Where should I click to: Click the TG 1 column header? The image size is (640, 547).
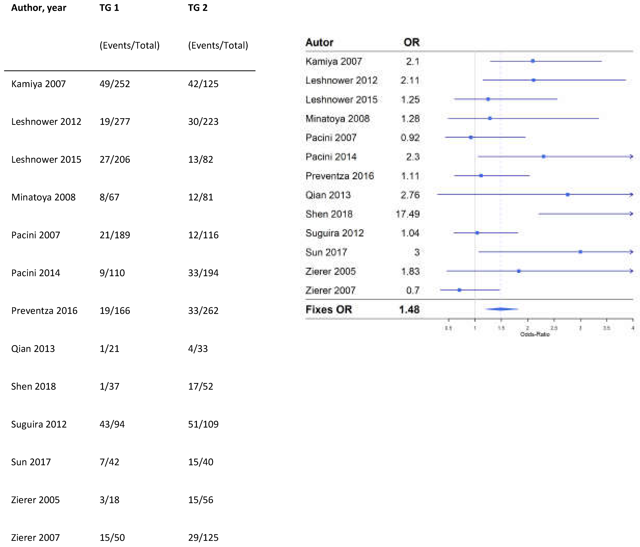(x=109, y=8)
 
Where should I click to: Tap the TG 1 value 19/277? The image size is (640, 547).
(x=115, y=122)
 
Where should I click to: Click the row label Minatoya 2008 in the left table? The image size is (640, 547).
(x=43, y=197)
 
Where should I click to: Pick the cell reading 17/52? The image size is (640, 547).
(x=201, y=386)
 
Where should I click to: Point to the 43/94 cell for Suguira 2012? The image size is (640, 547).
(x=112, y=424)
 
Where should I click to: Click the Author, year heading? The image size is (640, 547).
(x=39, y=8)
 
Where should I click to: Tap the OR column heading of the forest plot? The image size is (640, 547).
(x=411, y=42)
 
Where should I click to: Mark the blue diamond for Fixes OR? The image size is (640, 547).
(x=501, y=309)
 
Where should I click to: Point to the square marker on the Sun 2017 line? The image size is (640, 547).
(x=580, y=252)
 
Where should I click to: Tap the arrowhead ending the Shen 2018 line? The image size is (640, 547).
(x=631, y=214)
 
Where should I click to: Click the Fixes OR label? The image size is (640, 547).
(x=329, y=309)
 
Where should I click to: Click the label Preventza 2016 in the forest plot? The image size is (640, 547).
(x=339, y=176)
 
